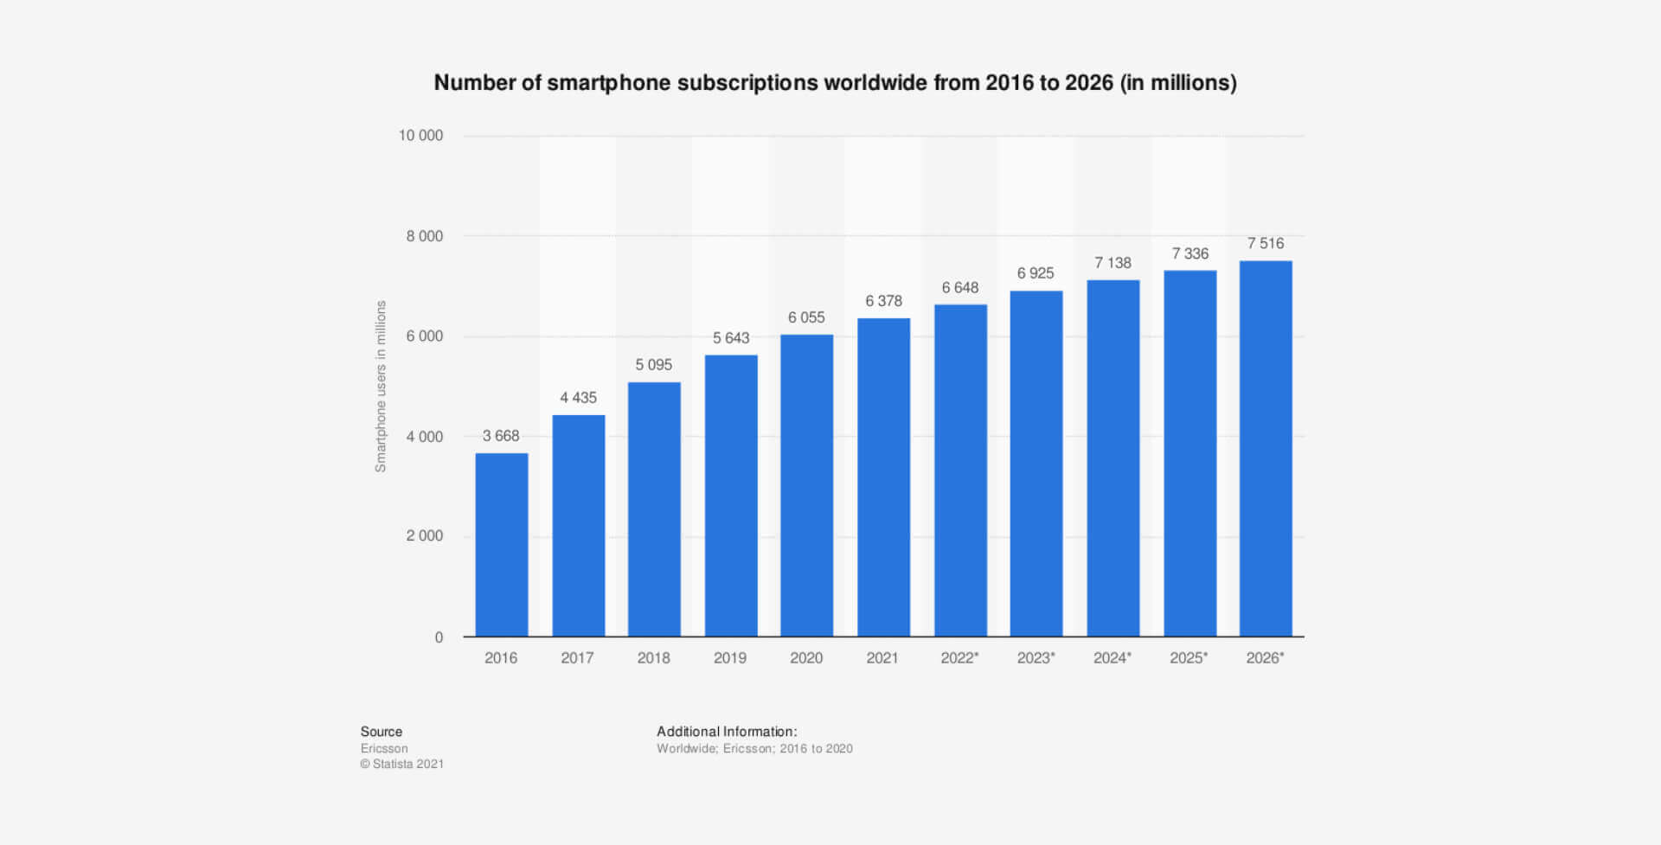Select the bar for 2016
502,545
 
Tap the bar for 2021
883,477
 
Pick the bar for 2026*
1266,449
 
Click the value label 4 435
578,398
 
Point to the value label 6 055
806,317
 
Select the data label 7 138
1113,263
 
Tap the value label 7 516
1266,244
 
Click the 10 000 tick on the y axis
420,136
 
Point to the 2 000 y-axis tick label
425,536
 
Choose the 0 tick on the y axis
439,637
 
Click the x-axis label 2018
654,658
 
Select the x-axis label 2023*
1036,658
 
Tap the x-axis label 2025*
1189,658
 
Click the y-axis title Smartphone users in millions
381,387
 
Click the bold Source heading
382,732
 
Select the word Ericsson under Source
384,749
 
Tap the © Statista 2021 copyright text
402,765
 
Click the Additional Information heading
727,732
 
